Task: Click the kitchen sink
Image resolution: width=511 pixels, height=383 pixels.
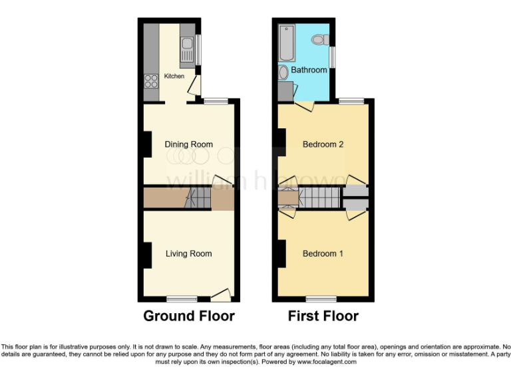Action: click(x=187, y=45)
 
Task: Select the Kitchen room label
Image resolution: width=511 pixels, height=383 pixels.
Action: click(x=174, y=76)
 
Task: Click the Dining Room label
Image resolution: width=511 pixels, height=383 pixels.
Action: click(x=189, y=144)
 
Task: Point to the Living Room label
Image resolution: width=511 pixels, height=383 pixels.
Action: click(x=189, y=253)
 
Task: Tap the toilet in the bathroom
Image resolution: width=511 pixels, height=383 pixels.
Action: click(x=319, y=40)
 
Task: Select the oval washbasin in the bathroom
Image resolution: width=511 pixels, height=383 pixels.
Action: click(x=284, y=72)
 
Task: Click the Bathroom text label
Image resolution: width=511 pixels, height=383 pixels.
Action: click(x=309, y=70)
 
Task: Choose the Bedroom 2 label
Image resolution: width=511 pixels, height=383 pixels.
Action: click(x=323, y=144)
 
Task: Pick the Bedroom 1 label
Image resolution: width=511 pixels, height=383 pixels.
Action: click(x=323, y=253)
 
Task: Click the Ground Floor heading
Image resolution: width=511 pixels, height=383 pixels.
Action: click(x=189, y=316)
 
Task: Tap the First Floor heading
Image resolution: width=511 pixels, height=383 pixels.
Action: click(x=323, y=316)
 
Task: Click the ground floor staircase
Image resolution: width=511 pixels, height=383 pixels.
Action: click(x=197, y=197)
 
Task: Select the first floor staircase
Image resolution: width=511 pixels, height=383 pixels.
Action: click(x=319, y=197)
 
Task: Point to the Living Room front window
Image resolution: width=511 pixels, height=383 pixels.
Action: click(x=182, y=299)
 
